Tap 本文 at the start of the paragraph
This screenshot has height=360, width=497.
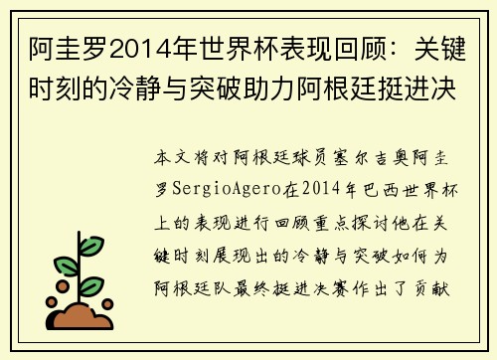point(173,159)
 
